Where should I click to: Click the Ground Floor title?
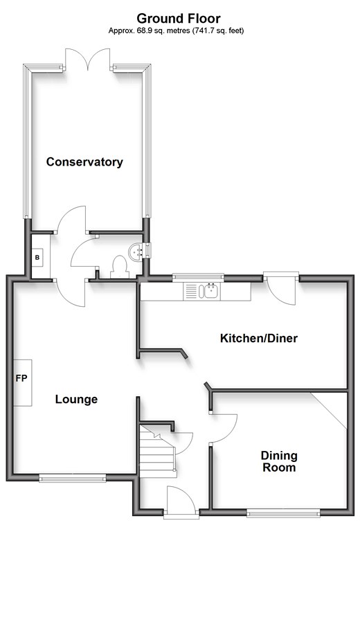pyautogui.click(x=179, y=19)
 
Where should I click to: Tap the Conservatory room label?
pyautogui.click(x=84, y=162)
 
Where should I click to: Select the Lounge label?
pyautogui.click(x=76, y=399)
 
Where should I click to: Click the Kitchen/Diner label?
pyautogui.click(x=258, y=338)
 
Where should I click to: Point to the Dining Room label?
pyautogui.click(x=279, y=461)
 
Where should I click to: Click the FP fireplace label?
pyautogui.click(x=21, y=378)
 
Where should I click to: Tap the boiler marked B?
pyautogui.click(x=37, y=258)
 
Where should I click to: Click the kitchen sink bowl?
pyautogui.click(x=210, y=292)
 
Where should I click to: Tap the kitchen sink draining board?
pyautogui.click(x=190, y=292)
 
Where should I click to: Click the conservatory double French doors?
pyautogui.click(x=88, y=60)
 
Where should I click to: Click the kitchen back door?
pyautogui.click(x=282, y=288)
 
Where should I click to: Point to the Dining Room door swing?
pyautogui.click(x=224, y=428)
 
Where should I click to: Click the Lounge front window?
pyautogui.click(x=73, y=479)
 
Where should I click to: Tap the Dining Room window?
pyautogui.click(x=283, y=513)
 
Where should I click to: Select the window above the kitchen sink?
pyautogui.click(x=198, y=277)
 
